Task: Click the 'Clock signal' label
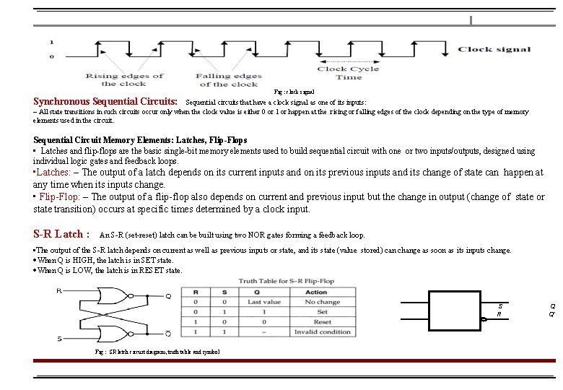(494, 49)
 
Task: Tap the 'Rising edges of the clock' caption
(124, 79)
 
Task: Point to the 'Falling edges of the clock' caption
(229, 79)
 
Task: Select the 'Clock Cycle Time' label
(349, 73)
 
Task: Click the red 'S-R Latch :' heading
(62, 234)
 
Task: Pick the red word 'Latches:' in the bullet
(53, 173)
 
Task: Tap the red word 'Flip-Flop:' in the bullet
(61, 196)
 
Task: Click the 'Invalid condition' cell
(322, 331)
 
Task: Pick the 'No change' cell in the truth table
(322, 302)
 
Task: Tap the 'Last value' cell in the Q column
(263, 302)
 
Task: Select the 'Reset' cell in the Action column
(322, 321)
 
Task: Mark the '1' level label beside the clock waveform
(51, 42)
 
